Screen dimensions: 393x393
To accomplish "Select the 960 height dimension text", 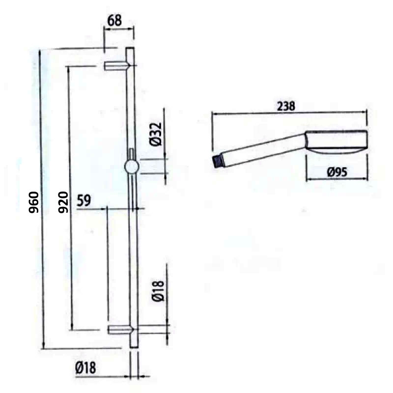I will coord(33,202).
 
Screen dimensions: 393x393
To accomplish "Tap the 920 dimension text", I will coord(62,202).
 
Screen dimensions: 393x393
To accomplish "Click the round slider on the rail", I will coord(132,167).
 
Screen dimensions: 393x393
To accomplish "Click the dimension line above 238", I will coord(290,113).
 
